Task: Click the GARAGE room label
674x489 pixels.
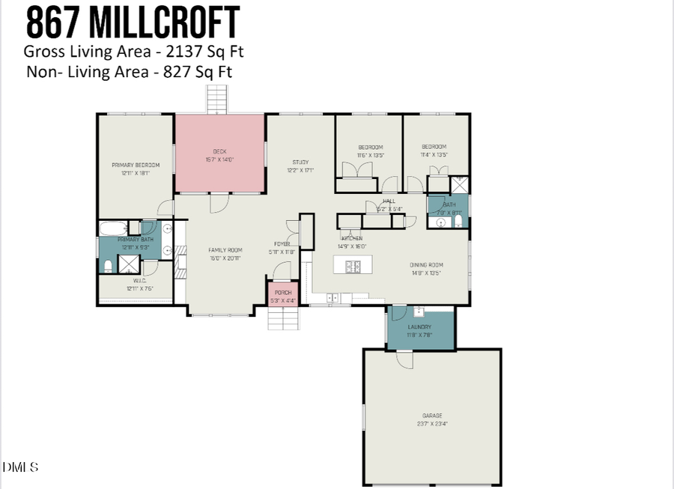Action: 431,416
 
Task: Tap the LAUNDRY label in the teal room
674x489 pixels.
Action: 419,327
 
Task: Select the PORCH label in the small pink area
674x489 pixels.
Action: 283,293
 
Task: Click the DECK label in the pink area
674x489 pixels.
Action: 220,151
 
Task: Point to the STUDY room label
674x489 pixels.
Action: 300,162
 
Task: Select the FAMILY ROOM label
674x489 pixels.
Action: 225,250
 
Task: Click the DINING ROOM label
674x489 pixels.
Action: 426,264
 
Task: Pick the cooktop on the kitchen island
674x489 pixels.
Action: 352,264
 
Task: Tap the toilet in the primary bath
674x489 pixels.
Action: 108,264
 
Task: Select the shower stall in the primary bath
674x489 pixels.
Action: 130,264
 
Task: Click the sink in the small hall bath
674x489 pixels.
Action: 440,222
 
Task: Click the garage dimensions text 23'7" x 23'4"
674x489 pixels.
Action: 431,424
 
